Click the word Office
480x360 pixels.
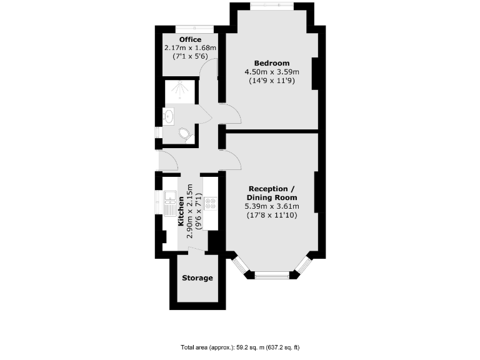[190, 39]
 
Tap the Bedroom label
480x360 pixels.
[272, 63]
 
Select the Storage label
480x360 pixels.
[197, 277]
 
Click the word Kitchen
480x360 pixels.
[181, 212]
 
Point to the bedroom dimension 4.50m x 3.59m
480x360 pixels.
[272, 72]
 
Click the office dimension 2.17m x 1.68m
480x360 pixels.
[190, 47]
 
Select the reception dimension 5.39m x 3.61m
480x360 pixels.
[271, 206]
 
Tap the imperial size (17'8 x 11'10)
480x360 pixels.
[271, 215]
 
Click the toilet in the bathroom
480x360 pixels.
[184, 134]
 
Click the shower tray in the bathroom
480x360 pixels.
[179, 92]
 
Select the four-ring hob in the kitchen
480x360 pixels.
[210, 203]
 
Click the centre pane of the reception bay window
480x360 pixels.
[271, 274]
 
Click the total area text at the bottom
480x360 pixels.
[240, 347]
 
